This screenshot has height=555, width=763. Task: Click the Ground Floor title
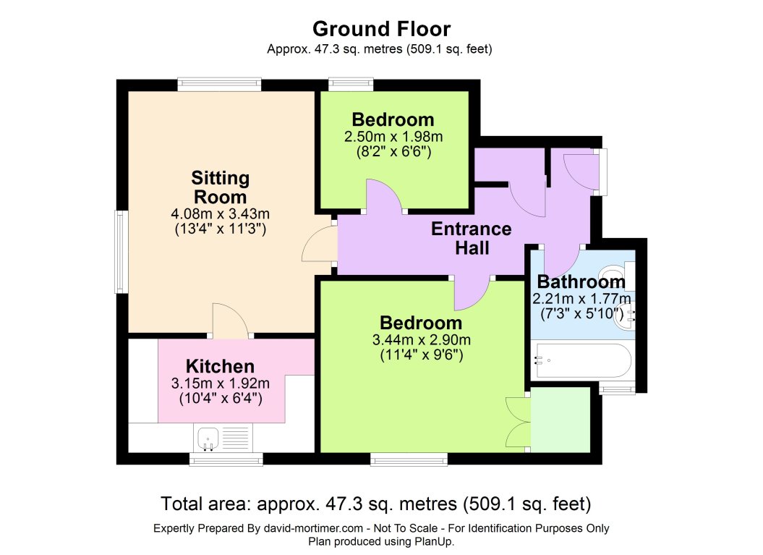(381, 29)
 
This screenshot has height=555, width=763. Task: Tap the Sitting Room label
(220, 187)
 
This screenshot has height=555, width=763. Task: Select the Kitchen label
(220, 365)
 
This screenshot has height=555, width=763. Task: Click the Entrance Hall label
(471, 239)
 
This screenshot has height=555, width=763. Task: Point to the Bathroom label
(581, 281)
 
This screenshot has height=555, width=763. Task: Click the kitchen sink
(208, 437)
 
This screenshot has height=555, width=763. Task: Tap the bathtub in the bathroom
(582, 360)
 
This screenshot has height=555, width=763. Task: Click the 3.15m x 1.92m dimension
(220, 383)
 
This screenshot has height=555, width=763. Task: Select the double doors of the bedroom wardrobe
(518, 421)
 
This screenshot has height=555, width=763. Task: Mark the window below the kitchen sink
(226, 459)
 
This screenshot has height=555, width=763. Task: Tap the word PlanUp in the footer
(432, 541)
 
